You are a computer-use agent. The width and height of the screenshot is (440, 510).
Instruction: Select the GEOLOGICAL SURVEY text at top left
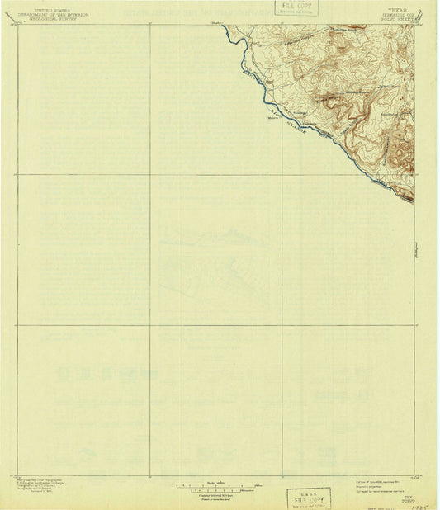(x=47, y=19)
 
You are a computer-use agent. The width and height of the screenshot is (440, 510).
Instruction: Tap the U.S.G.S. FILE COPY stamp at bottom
(x=308, y=498)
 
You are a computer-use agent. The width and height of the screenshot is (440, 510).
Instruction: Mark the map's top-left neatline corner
(x=17, y=25)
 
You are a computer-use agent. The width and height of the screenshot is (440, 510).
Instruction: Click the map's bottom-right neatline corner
(x=414, y=475)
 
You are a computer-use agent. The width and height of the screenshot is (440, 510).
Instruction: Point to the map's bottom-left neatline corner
(x=17, y=475)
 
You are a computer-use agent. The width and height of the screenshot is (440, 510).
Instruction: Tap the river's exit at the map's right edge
(x=414, y=201)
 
